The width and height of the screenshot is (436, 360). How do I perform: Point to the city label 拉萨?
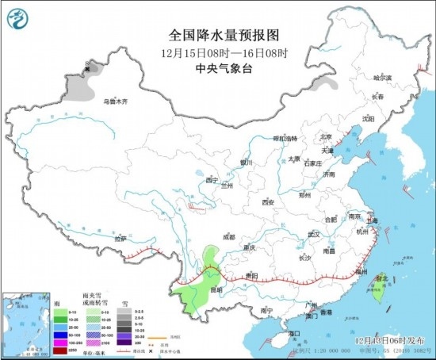[x=120, y=238]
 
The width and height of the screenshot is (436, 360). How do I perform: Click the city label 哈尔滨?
[x=383, y=78]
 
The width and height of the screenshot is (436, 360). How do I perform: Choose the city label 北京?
[x=323, y=136]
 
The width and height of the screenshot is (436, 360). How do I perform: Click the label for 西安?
[x=266, y=202]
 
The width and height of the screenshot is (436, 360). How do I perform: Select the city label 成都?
[x=228, y=236]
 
